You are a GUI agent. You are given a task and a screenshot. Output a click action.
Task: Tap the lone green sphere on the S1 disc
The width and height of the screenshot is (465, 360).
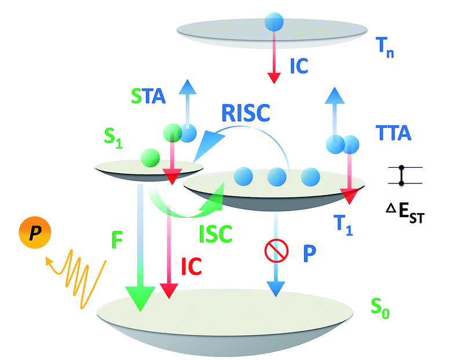[150, 157]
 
